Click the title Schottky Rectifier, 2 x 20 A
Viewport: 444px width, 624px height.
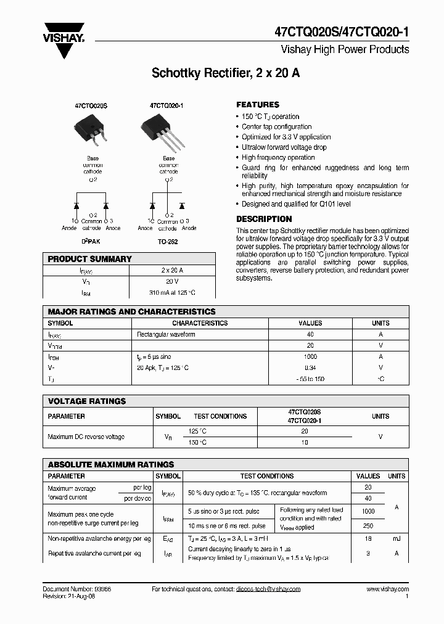[x=226, y=73]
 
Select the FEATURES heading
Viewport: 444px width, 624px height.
[x=258, y=105]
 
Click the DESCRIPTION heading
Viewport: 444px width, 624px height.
[x=264, y=219]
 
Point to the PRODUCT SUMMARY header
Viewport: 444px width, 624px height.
[x=89, y=259]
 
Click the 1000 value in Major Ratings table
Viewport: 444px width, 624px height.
[x=310, y=356]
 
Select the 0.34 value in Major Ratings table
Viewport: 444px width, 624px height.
[x=310, y=367]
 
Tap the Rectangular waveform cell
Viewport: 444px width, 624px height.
[x=166, y=334]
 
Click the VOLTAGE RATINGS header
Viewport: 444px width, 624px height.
[x=87, y=401]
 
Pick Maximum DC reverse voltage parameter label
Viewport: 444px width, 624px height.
[x=86, y=437]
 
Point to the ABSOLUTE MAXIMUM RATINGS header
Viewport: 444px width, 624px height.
[x=111, y=464]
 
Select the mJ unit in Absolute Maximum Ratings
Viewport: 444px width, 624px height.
[x=396, y=538]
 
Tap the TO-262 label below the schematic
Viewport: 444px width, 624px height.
[x=168, y=242]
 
